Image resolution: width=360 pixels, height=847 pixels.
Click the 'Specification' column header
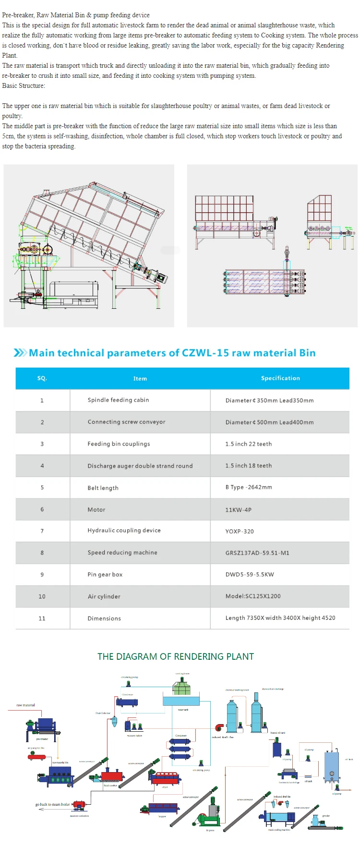[x=280, y=378]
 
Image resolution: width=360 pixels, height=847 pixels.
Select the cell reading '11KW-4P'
[x=239, y=510]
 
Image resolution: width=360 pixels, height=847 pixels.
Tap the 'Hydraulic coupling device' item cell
[x=124, y=531]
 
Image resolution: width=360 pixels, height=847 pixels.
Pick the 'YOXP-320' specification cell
[x=240, y=532]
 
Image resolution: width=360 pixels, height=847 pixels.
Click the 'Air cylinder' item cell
[x=104, y=597]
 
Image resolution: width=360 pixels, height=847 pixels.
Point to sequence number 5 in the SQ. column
[x=42, y=488]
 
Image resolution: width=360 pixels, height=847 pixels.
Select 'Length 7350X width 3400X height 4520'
[x=280, y=618]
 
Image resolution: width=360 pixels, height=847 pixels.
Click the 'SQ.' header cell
[x=42, y=378]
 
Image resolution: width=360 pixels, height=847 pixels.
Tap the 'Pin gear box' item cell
[x=105, y=575]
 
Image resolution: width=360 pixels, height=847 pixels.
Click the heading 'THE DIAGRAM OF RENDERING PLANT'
[x=176, y=657]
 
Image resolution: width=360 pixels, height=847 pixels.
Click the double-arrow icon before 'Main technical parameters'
[x=20, y=353]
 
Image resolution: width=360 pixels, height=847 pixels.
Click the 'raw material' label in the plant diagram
[x=25, y=705]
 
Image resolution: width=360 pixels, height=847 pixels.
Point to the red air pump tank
[x=36, y=757]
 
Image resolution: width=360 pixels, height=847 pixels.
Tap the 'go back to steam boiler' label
[x=52, y=804]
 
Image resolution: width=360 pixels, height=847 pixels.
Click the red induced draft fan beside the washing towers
[x=219, y=728]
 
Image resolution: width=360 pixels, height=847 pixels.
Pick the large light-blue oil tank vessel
[x=331, y=765]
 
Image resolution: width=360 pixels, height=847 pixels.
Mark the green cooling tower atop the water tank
[x=182, y=688]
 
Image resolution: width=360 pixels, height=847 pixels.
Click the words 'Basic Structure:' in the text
[x=24, y=86]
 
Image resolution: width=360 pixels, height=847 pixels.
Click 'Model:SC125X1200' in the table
[x=253, y=596]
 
